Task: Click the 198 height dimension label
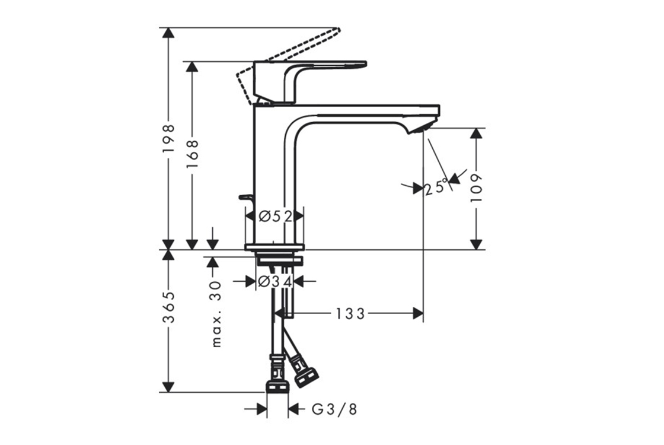click(x=169, y=139)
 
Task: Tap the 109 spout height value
click(x=477, y=187)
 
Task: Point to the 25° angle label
click(x=436, y=186)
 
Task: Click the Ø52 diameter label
click(x=275, y=217)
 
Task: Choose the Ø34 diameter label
click(x=275, y=281)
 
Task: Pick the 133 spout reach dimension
click(x=350, y=314)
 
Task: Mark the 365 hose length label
click(x=169, y=307)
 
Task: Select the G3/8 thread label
click(x=334, y=409)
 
